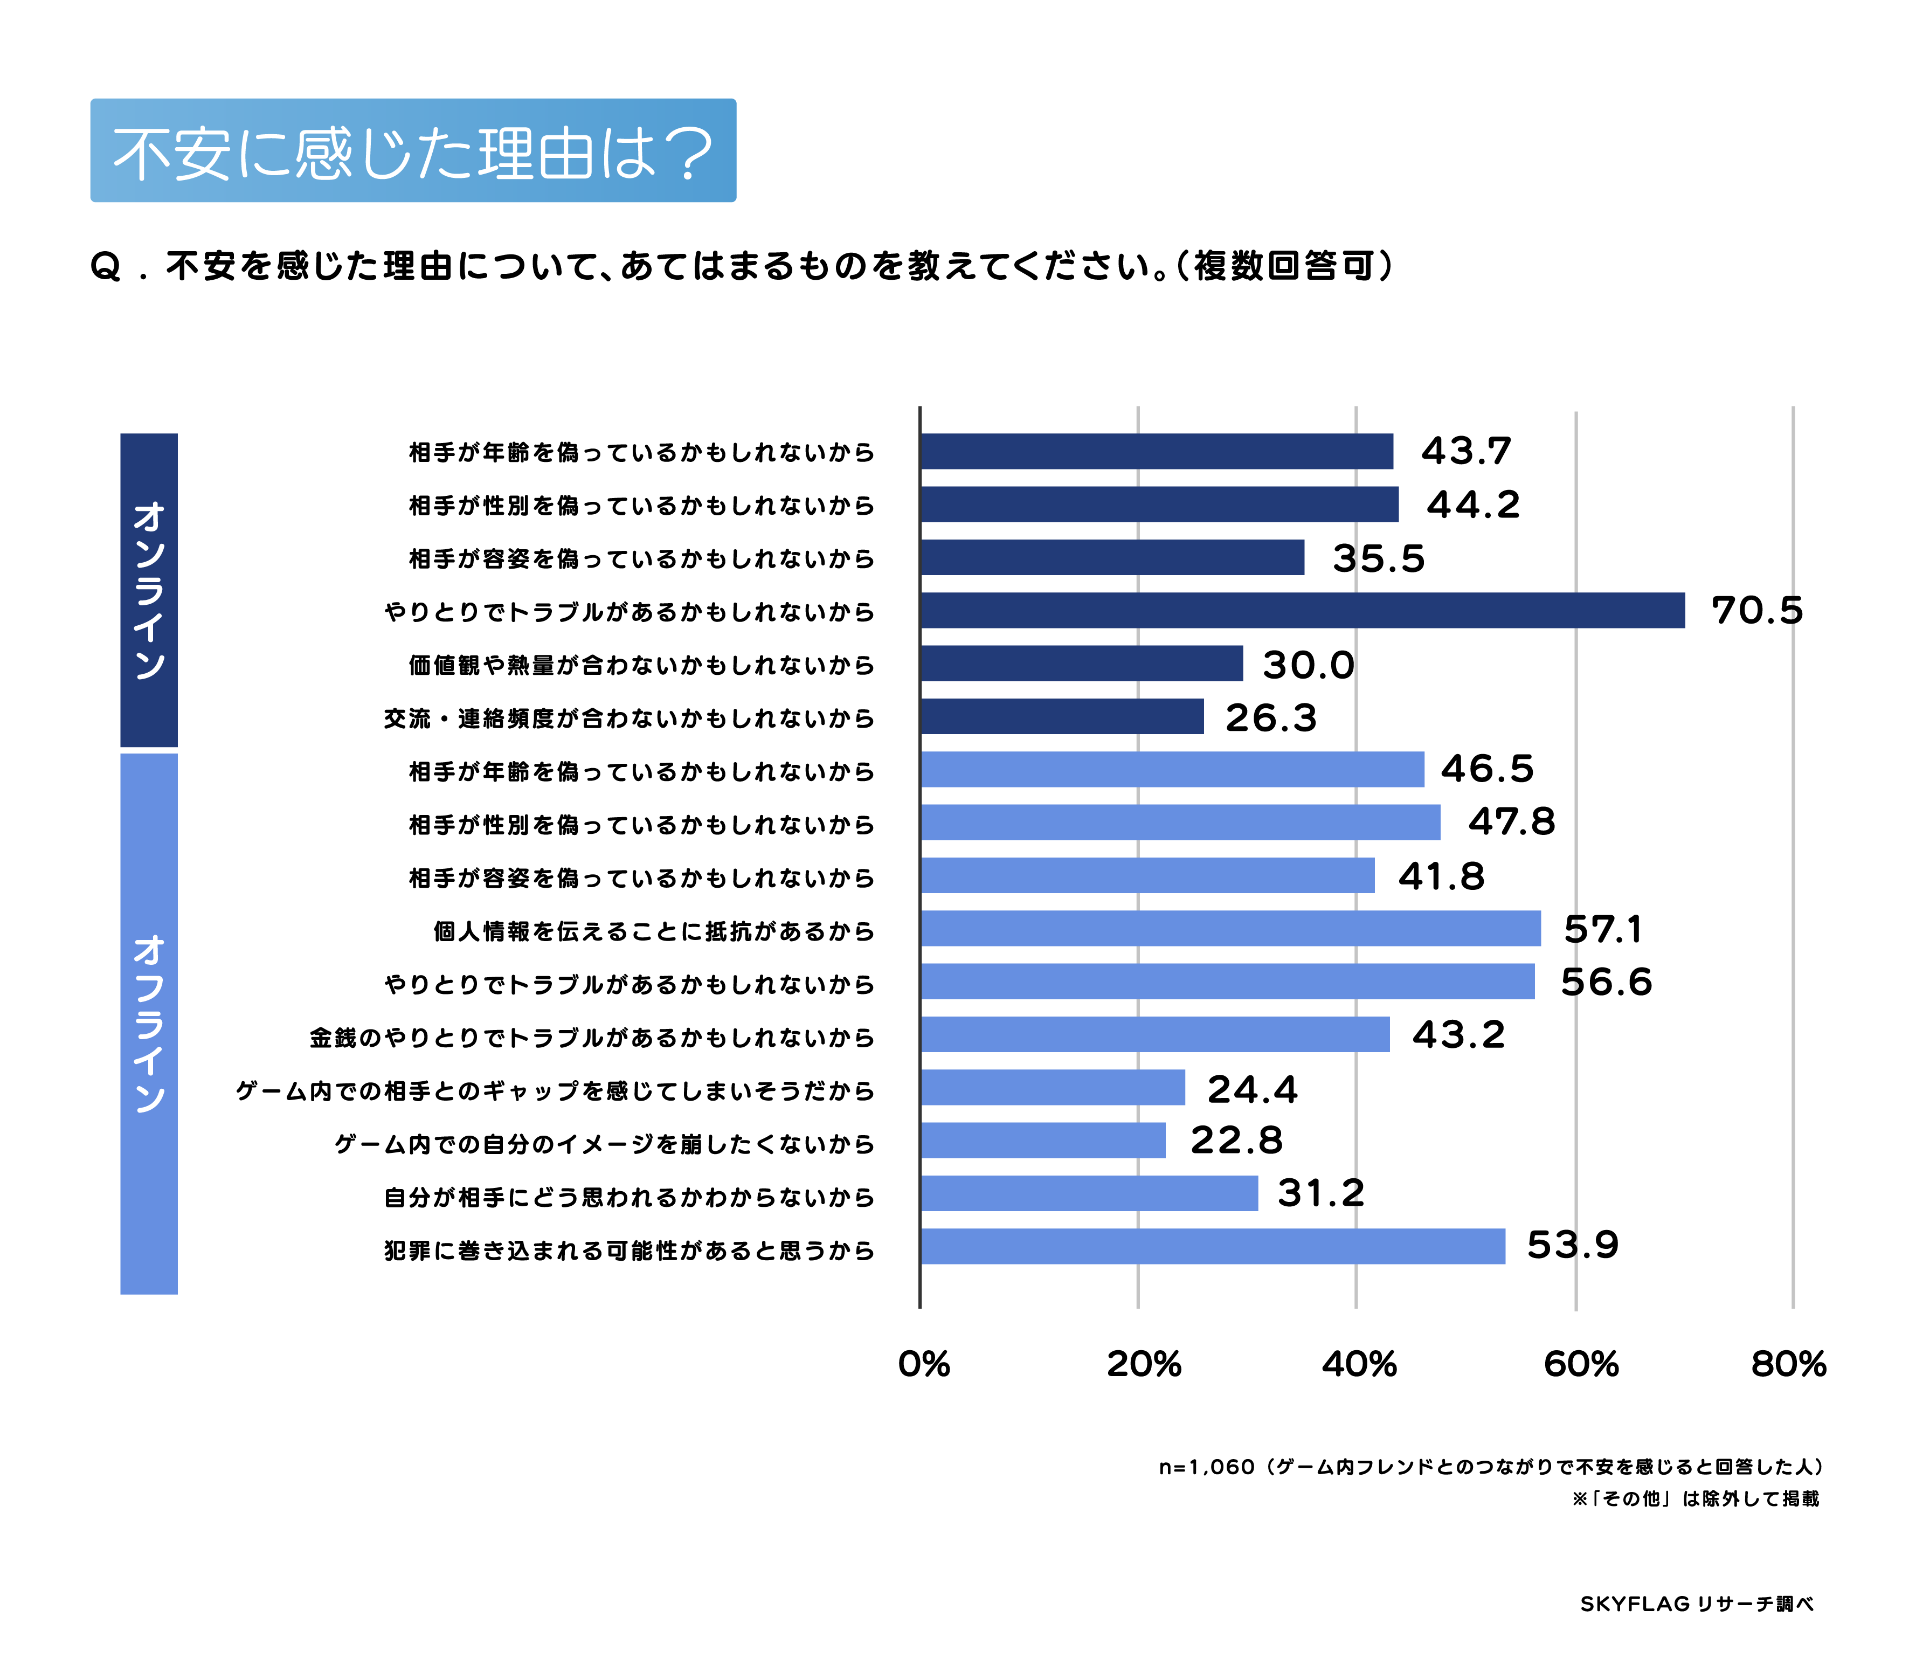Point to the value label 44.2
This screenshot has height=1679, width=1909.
pyautogui.click(x=1473, y=505)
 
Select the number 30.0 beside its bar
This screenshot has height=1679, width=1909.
pyautogui.click(x=1308, y=665)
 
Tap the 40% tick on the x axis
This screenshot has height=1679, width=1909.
pyautogui.click(x=1359, y=1364)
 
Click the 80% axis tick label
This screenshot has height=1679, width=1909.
pyautogui.click(x=1788, y=1364)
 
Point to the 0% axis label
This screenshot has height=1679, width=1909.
pyautogui.click(x=924, y=1364)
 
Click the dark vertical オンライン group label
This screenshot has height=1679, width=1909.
pyautogui.click(x=149, y=590)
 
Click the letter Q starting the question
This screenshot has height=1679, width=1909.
pyautogui.click(x=106, y=267)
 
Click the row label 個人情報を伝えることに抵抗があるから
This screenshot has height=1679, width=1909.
pyautogui.click(x=654, y=931)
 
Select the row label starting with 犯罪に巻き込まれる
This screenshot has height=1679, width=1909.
pyautogui.click(x=628, y=1250)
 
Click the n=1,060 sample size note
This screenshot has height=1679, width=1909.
pyautogui.click(x=1491, y=1467)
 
